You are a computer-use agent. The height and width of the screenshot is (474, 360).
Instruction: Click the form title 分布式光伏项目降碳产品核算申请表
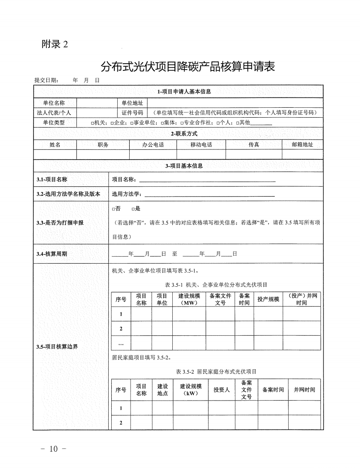click(187, 67)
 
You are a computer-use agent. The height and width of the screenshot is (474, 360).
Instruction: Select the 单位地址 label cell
click(132, 103)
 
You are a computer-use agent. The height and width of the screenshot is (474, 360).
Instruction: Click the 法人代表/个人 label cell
click(54, 112)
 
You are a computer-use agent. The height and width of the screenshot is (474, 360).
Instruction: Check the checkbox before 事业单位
click(132, 123)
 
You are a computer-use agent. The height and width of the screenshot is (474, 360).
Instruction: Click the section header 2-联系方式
click(184, 134)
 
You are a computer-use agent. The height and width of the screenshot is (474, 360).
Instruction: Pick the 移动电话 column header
click(201, 145)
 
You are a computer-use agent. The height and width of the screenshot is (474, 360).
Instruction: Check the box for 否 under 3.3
click(113, 209)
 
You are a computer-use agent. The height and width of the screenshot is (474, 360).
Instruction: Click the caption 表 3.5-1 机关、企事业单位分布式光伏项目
click(216, 285)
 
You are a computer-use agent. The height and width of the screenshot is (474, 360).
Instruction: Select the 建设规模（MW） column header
click(189, 299)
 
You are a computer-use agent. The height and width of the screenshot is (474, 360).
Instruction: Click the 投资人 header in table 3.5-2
click(222, 390)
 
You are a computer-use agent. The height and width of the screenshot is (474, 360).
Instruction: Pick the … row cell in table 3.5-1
click(121, 343)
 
